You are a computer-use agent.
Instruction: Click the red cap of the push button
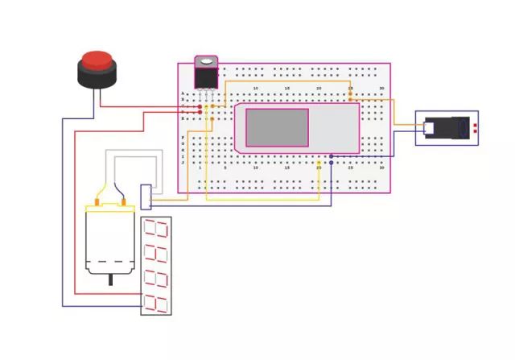[x=97, y=60]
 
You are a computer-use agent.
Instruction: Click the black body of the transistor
[x=207, y=77]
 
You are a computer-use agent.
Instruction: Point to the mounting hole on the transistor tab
[x=207, y=60]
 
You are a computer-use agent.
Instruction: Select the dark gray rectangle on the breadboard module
[x=277, y=127]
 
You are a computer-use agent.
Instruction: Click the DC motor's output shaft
[x=110, y=279]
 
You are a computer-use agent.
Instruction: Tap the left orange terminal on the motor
[x=98, y=201]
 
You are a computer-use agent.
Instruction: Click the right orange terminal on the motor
[x=125, y=201]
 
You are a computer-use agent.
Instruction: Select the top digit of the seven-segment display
[x=155, y=229]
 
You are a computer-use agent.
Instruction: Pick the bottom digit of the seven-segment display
[x=155, y=303]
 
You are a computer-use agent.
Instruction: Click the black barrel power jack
[x=447, y=127]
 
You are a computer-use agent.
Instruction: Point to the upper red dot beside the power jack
[x=475, y=125]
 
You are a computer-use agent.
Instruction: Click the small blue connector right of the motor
[x=146, y=196]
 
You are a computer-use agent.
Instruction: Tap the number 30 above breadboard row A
[x=382, y=88]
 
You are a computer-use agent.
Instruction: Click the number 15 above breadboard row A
[x=287, y=88]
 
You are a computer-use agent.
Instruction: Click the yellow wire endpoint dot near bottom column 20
[x=319, y=163]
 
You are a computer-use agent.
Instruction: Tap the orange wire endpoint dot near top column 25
[x=350, y=93]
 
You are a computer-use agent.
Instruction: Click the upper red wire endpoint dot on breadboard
[x=200, y=106]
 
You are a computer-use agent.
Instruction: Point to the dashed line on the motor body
[x=110, y=263]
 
